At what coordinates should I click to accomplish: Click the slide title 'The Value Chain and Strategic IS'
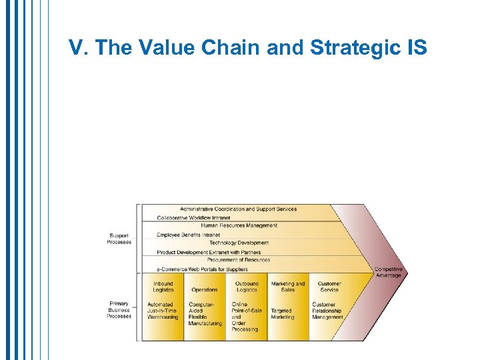pos(247,47)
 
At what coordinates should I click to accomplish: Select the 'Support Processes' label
pos(119,239)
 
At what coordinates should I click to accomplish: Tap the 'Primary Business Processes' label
pos(119,310)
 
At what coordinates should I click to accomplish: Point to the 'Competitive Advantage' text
pos(387,272)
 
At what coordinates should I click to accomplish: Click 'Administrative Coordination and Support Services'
pos(238,209)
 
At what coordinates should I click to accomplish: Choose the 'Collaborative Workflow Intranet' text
pos(193,217)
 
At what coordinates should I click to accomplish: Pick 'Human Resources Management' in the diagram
pos(239,226)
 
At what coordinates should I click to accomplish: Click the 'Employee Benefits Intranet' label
pos(188,235)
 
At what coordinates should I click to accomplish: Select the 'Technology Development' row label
pos(239,243)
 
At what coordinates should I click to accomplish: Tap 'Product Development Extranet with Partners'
pos(209,252)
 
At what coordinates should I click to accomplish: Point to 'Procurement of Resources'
pos(239,261)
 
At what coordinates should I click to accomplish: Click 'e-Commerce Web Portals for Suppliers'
pos(202,269)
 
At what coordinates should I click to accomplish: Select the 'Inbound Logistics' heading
pos(163,287)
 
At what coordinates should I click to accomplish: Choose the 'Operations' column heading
pos(204,290)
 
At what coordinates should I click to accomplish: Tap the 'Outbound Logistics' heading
pos(247,287)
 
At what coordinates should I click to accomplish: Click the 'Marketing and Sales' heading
pos(287,287)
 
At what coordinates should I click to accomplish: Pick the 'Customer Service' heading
pos(329,287)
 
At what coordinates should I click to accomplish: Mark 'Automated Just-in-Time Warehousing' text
pos(163,311)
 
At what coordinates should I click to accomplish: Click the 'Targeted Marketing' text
pos(282,314)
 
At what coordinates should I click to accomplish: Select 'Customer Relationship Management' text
pos(327,311)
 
